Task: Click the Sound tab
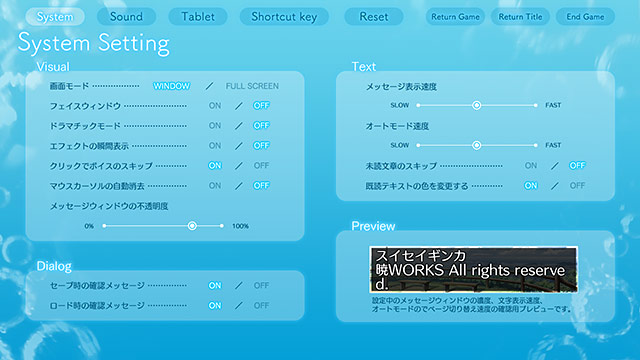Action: click(126, 17)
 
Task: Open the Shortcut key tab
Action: click(284, 17)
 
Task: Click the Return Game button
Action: click(455, 17)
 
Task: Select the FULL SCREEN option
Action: click(252, 86)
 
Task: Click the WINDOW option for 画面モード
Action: click(171, 86)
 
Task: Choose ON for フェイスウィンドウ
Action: click(215, 105)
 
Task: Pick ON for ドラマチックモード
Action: click(215, 125)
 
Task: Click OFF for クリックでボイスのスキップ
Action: click(261, 165)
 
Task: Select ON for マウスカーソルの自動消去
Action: click(215, 185)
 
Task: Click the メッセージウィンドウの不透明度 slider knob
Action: click(192, 226)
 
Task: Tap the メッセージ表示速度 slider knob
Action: click(477, 105)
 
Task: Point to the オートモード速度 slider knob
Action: click(477, 145)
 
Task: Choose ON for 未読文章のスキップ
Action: click(531, 165)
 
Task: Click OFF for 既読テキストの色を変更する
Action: click(577, 185)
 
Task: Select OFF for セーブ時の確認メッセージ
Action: click(261, 285)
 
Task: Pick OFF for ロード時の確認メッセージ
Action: click(261, 305)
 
